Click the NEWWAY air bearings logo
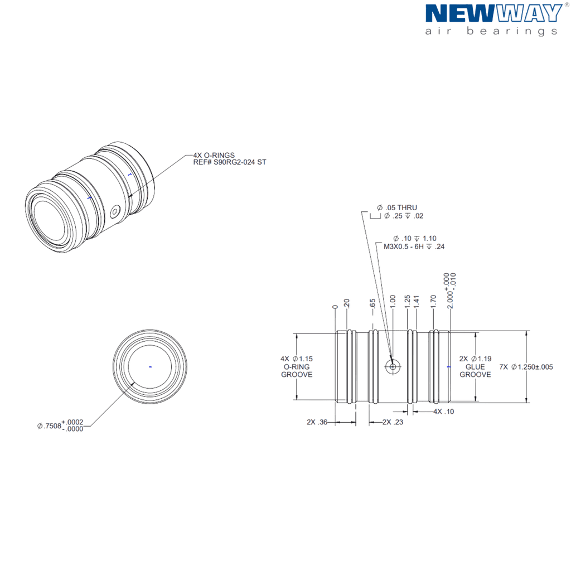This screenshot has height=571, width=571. (x=494, y=20)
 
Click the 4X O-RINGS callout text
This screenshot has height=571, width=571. (x=214, y=155)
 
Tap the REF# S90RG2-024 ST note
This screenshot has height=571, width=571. (x=229, y=162)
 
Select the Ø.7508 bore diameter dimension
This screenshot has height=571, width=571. (x=60, y=425)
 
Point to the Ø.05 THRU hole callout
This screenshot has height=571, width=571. (x=397, y=207)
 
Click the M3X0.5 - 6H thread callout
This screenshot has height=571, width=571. (x=414, y=246)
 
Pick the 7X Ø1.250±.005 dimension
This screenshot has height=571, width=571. (x=526, y=367)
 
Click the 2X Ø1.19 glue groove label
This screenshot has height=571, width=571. (x=475, y=367)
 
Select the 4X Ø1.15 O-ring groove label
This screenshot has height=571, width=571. (x=297, y=367)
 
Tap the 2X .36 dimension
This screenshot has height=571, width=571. (x=317, y=422)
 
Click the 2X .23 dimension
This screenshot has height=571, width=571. (x=393, y=422)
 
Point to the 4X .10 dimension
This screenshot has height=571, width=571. (x=443, y=412)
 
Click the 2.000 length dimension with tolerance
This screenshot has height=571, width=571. (x=450, y=291)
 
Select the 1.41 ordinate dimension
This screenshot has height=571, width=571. (x=417, y=302)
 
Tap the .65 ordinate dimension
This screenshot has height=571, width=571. (x=372, y=304)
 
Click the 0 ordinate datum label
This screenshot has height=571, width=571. (x=335, y=307)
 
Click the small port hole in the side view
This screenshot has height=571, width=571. (x=393, y=366)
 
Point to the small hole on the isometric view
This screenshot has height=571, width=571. (x=115, y=211)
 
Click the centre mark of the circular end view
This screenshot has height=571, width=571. (x=151, y=367)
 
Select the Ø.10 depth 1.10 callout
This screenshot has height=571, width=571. (x=415, y=239)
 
